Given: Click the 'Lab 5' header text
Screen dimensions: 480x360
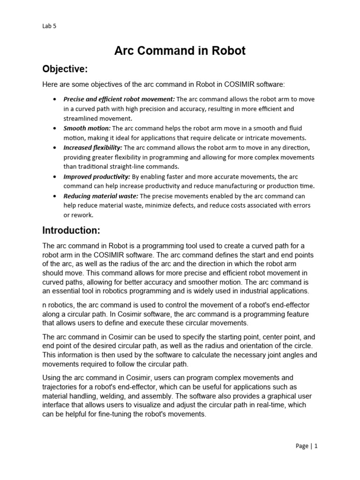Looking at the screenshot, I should click(49, 26).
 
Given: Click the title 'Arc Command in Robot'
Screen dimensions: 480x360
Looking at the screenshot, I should click(180, 51).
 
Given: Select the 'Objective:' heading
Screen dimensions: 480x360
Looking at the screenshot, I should click(65, 69).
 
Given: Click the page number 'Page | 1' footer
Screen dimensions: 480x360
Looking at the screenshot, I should click(307, 446).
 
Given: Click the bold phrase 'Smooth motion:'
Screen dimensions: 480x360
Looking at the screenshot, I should click(87, 128).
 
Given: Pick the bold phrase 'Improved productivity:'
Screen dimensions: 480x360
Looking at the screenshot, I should click(97, 177).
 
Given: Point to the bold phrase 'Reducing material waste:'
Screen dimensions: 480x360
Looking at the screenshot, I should click(101, 196).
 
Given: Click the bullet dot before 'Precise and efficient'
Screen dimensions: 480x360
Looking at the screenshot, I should click(55, 99).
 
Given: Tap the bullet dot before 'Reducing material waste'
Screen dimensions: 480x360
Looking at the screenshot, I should click(55, 196).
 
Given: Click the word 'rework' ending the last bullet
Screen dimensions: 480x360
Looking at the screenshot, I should click(82, 215).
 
